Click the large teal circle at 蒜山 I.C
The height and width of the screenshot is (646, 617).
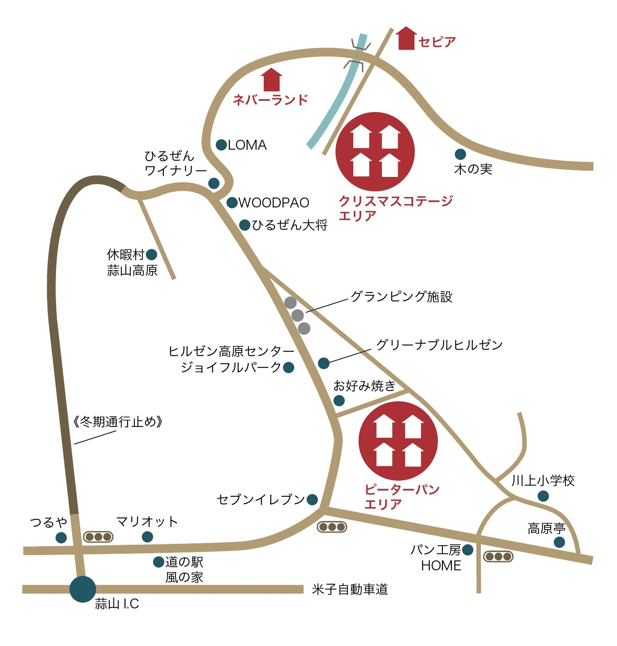[x=83, y=589]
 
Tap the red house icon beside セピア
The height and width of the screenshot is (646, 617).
[x=406, y=39]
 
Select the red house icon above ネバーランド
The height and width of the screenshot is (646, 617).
[x=272, y=80]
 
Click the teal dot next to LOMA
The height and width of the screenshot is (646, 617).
[x=221, y=145]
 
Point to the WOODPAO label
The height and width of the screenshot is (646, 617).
[x=274, y=203]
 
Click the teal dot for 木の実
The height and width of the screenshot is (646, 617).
[x=460, y=155]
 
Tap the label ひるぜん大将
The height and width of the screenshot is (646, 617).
[x=289, y=225]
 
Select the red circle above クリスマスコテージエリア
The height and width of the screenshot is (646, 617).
[x=375, y=152]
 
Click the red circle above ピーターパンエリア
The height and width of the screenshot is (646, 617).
[x=398, y=441]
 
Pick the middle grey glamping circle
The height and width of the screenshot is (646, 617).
[x=297, y=315]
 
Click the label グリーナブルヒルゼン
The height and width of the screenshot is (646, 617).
[x=439, y=345]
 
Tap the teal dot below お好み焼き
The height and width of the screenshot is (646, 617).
[x=339, y=400]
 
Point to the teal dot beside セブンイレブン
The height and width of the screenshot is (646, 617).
[x=313, y=500]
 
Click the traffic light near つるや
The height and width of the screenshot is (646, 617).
[x=99, y=537]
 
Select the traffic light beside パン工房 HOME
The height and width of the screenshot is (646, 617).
[x=498, y=557]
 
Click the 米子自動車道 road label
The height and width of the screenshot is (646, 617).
[x=350, y=590]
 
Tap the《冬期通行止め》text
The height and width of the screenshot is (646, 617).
[x=117, y=422]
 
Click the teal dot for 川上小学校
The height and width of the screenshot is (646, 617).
[x=543, y=496]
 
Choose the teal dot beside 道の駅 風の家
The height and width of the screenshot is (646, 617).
[x=159, y=562]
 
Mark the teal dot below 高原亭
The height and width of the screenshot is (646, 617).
[x=559, y=543]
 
